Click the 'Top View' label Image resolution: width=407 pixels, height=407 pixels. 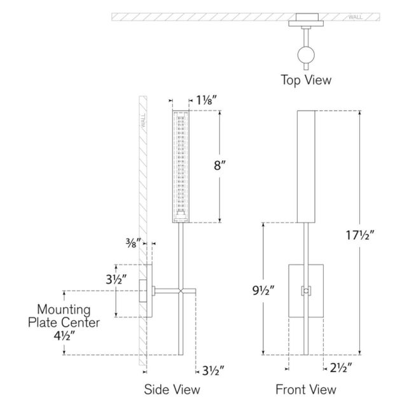click(x=307, y=80)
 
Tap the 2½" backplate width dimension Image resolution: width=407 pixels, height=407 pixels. click(x=341, y=368)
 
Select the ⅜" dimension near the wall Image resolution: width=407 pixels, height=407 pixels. click(x=134, y=242)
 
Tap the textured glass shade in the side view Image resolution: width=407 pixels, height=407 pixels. click(x=181, y=165)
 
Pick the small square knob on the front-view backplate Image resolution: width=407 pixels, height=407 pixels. click(x=306, y=291)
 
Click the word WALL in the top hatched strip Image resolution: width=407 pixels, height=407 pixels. click(x=357, y=17)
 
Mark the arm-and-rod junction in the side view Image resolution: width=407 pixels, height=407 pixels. click(x=183, y=292)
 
